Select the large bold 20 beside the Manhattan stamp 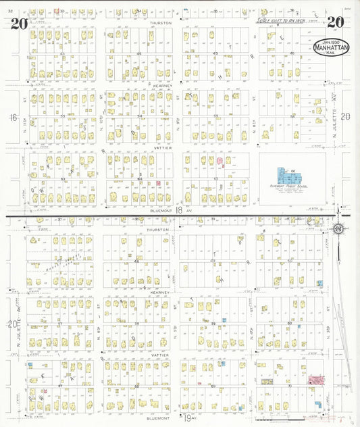(x=334, y=21)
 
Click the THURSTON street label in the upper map (x=161, y=22)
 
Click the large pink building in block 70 (x=315, y=380)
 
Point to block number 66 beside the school (x=294, y=172)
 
